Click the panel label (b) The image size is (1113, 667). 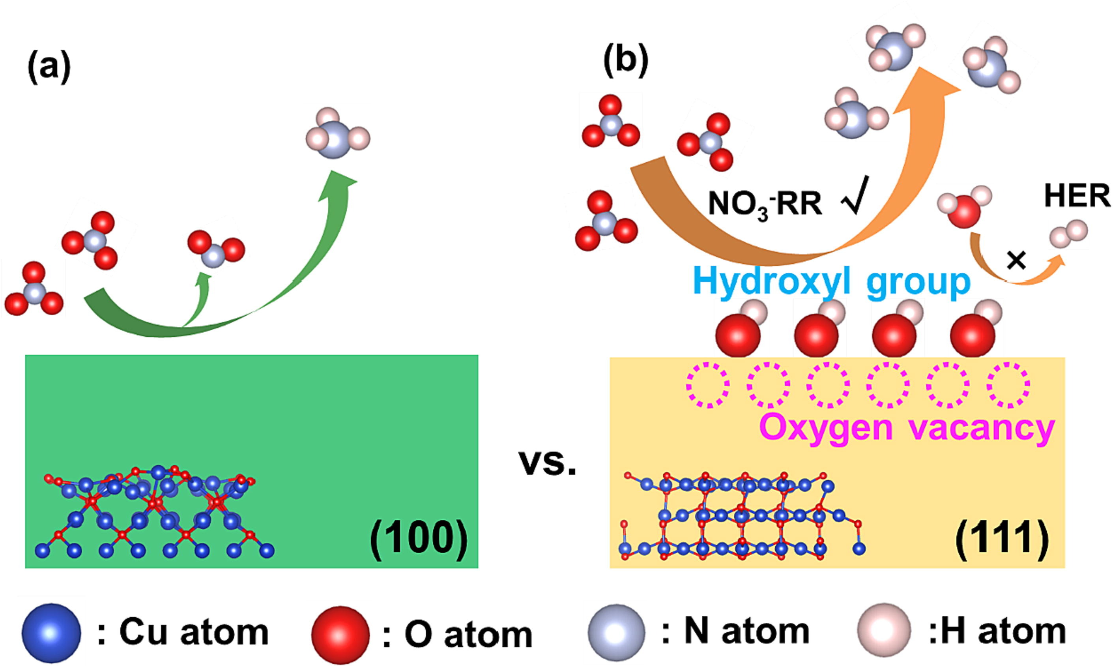point(625,63)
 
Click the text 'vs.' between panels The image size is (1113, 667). point(547,463)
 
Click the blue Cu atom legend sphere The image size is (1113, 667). point(51,633)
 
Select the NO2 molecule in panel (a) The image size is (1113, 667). point(216,249)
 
